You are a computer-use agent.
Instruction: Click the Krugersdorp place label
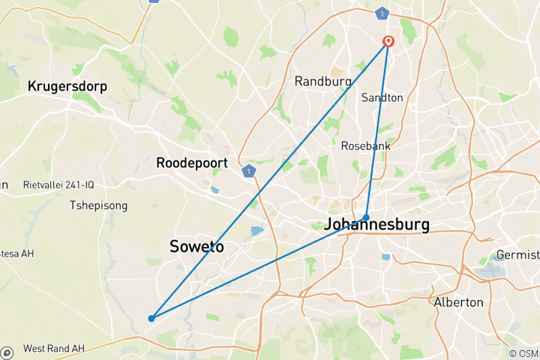(67, 87)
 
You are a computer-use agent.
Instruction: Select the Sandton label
(382, 97)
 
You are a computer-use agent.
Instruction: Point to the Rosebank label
(364, 145)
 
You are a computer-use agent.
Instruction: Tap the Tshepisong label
(98, 205)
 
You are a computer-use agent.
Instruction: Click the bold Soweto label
(196, 246)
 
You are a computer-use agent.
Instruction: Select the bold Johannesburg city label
(376, 224)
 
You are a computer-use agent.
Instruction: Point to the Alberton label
(458, 302)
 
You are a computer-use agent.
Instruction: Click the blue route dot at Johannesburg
(366, 217)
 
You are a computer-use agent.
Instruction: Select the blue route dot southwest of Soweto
(151, 318)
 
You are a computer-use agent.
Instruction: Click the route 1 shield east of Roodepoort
(249, 171)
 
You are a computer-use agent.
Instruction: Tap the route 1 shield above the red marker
(384, 13)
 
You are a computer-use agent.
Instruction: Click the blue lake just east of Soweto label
(258, 230)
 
